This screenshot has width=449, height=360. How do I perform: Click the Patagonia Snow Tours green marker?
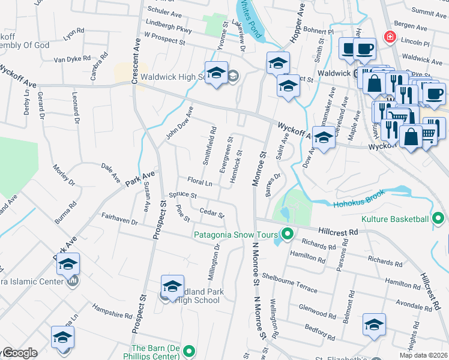288,235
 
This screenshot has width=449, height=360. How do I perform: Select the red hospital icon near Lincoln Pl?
390,37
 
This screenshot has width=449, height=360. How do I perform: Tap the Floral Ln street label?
200,182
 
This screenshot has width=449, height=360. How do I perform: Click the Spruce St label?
182,195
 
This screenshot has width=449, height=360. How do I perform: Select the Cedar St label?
211,212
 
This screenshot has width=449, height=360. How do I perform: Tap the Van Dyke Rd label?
72,59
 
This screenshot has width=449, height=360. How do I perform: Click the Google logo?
19,353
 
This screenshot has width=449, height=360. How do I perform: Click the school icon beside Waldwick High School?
216,73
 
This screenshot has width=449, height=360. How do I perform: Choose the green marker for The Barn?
190,350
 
